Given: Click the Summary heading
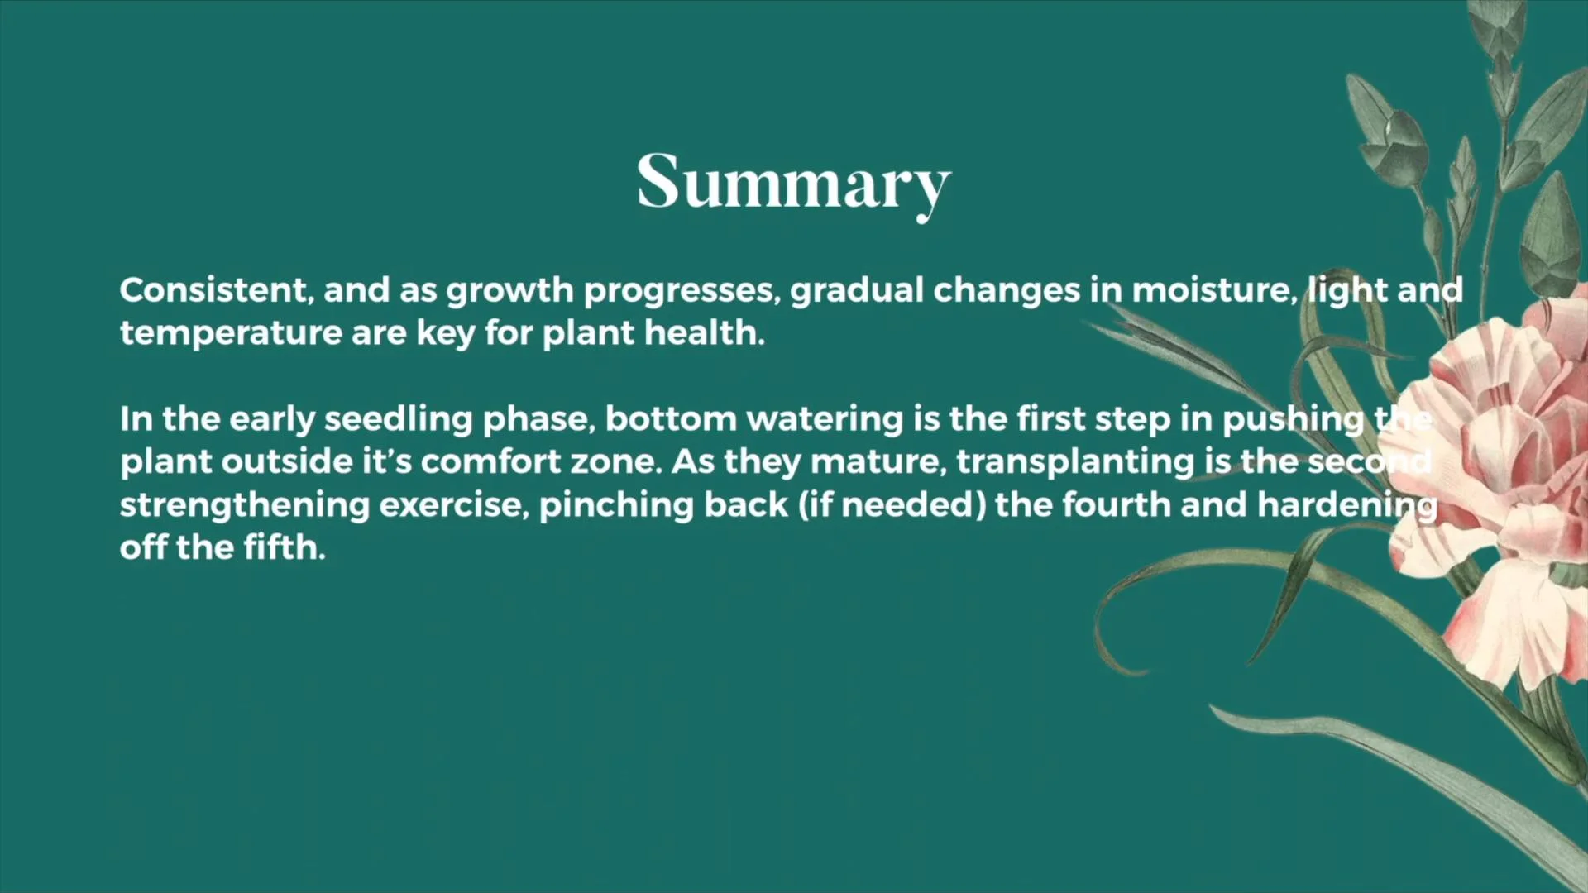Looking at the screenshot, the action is (x=794, y=184).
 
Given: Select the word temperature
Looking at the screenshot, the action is (x=230, y=334).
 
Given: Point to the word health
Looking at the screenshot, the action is (x=705, y=332).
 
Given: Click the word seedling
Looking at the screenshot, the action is (x=398, y=420).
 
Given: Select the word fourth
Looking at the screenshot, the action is (x=1116, y=504).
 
